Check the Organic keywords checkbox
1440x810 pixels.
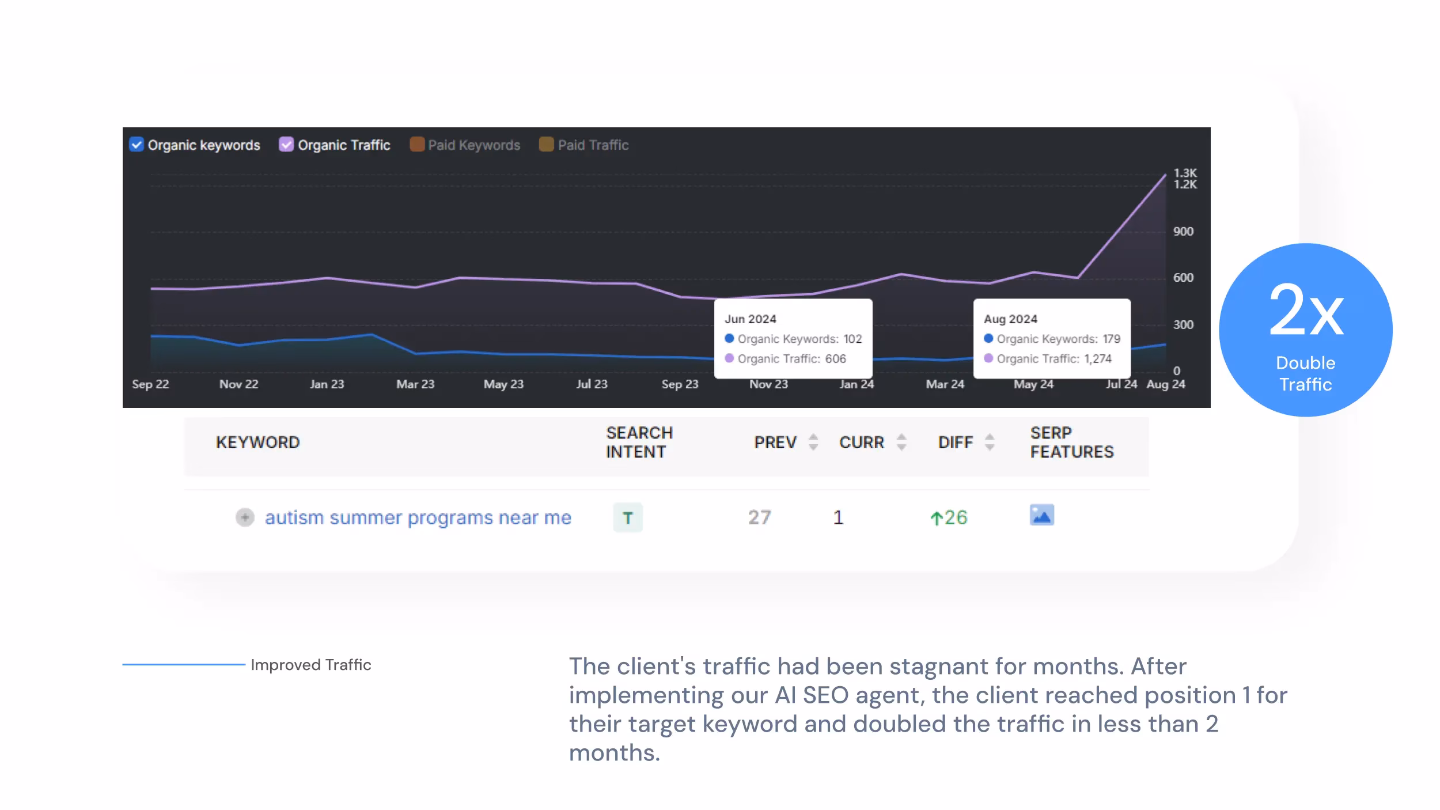[x=137, y=145]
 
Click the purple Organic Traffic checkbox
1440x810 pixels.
[x=286, y=145]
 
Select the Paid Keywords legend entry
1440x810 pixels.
[x=473, y=145]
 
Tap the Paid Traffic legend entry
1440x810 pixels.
[x=592, y=145]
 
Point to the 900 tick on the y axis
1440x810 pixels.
[x=1183, y=232]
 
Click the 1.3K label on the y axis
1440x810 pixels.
[x=1185, y=173]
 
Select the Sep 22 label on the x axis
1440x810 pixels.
[x=150, y=384]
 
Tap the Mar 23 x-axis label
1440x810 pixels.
[x=415, y=384]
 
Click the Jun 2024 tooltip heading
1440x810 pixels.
[x=750, y=319]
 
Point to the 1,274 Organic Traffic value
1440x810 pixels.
[x=1097, y=359]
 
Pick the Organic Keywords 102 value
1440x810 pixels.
[x=852, y=339]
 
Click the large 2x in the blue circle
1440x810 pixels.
[x=1306, y=311]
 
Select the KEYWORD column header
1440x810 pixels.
[x=257, y=442]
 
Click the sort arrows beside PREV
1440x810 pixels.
[x=813, y=442]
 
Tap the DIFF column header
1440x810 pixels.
[x=955, y=442]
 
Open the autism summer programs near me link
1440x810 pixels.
[x=418, y=518]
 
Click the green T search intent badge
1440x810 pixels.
[x=627, y=518]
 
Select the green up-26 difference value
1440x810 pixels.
[x=949, y=518]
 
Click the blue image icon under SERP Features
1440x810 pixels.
[x=1041, y=515]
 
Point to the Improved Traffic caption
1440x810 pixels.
[x=310, y=665]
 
